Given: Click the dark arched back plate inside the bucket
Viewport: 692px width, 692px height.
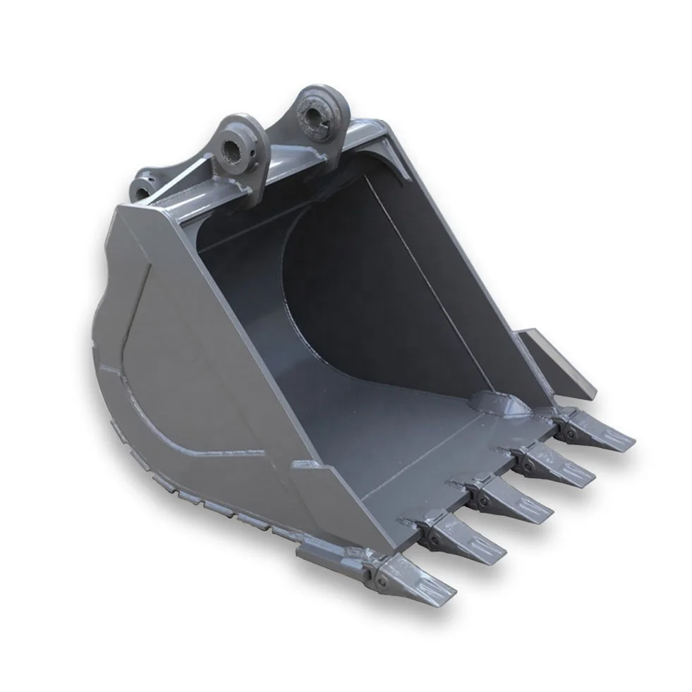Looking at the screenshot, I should coord(353,282).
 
